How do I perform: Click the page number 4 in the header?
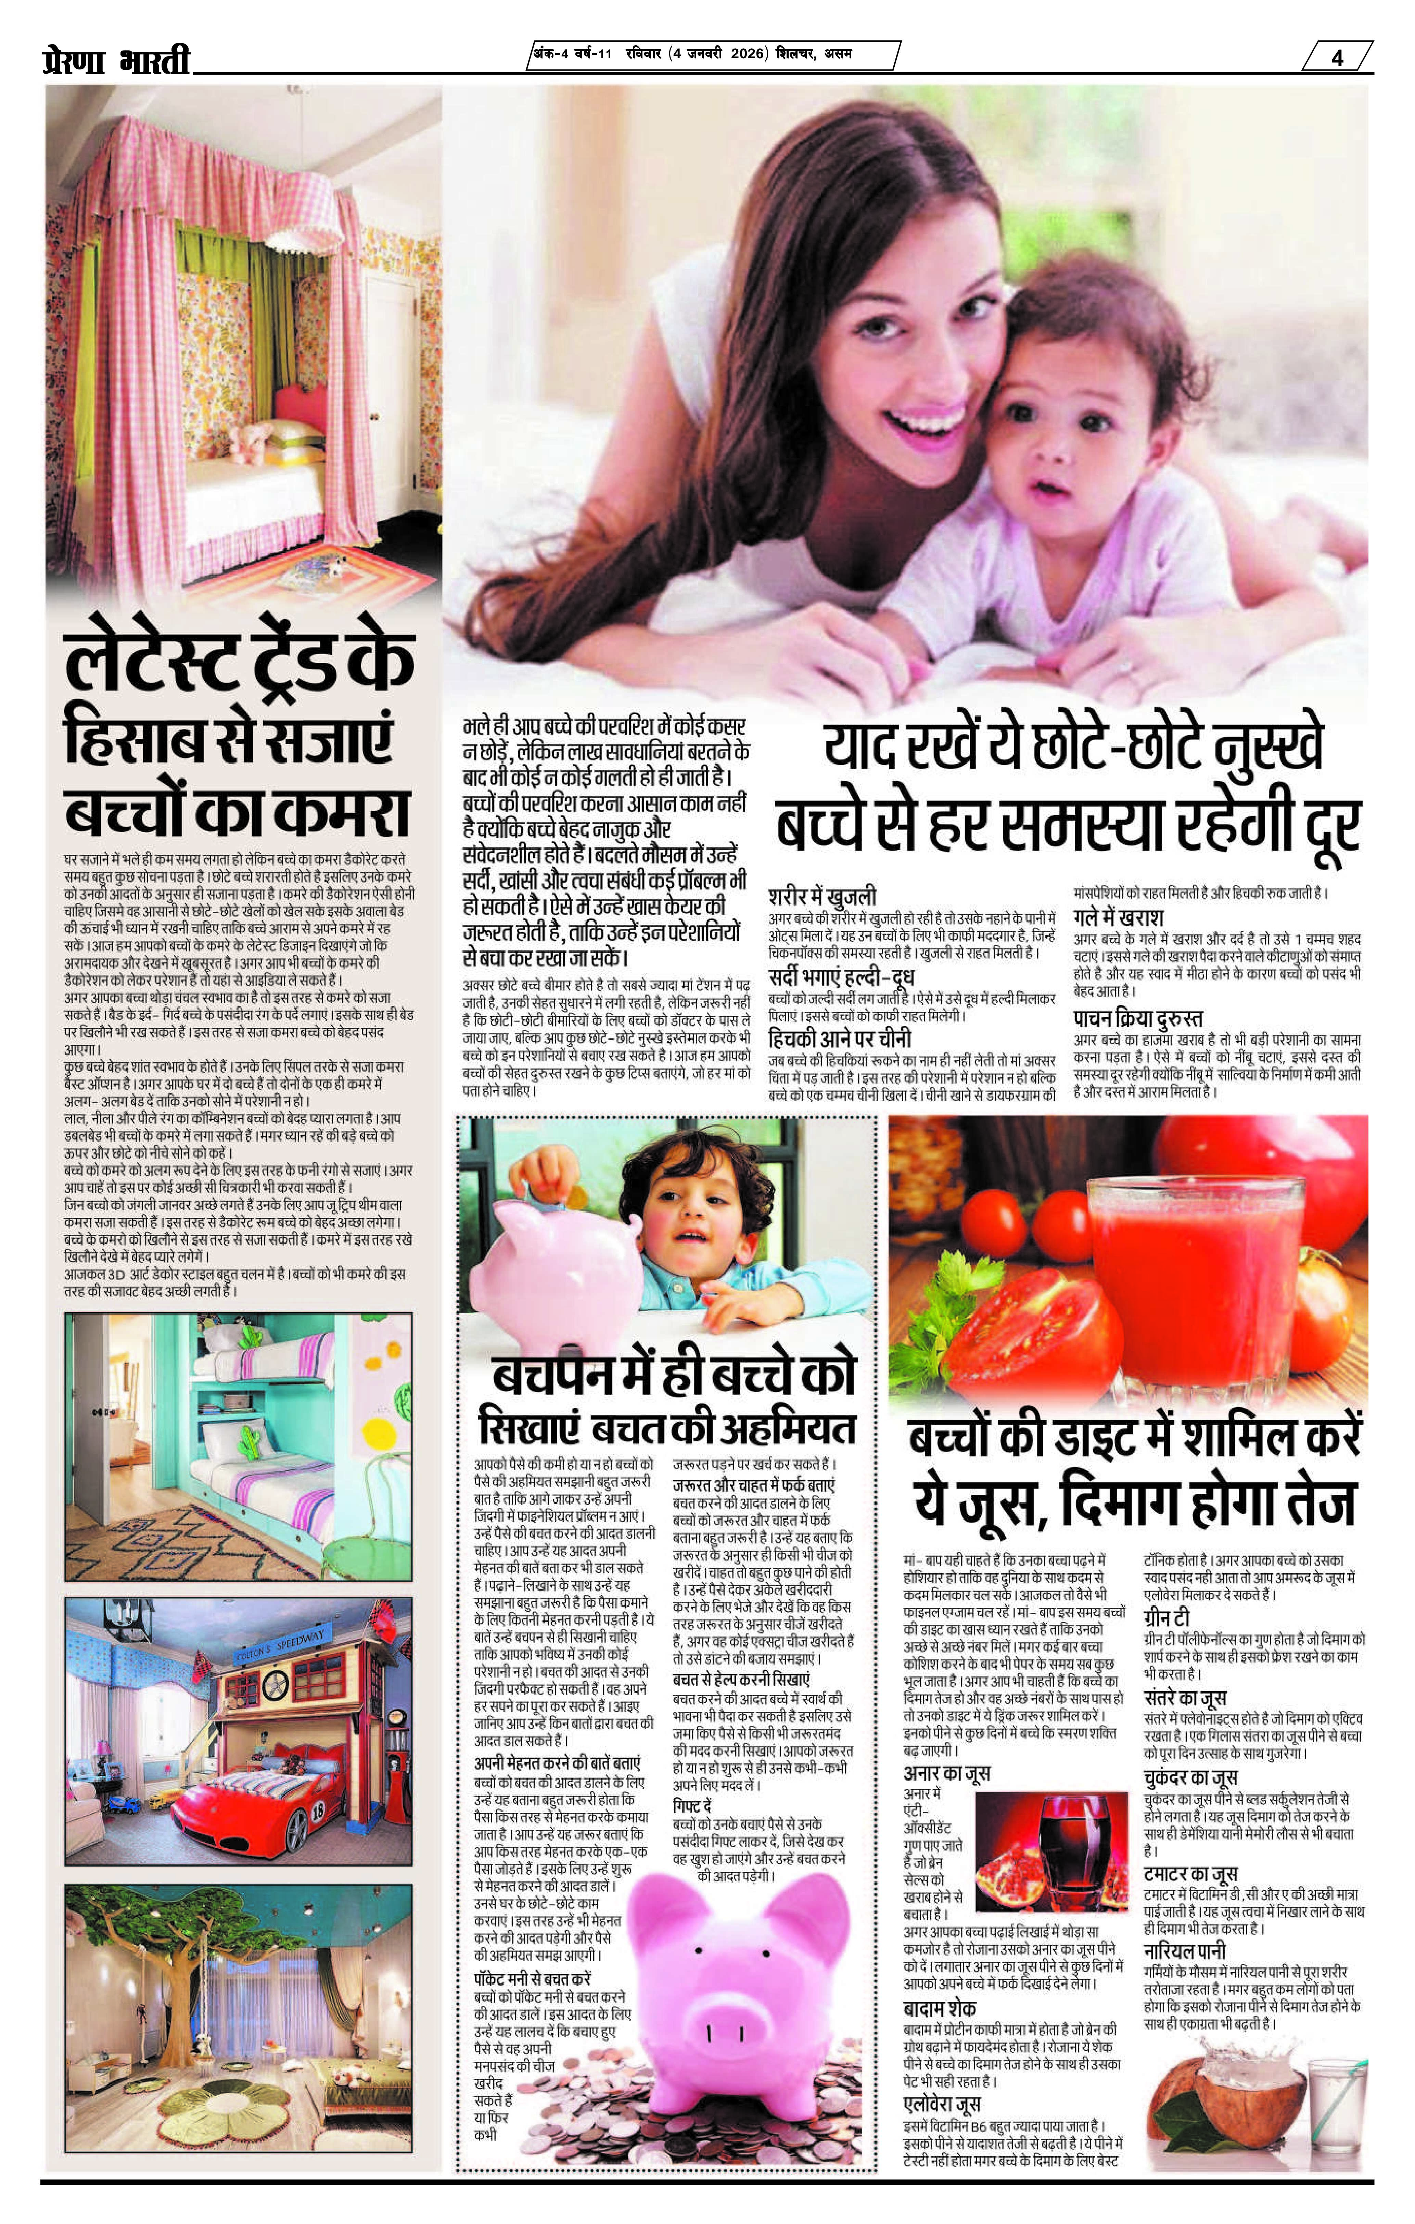coord(1337,57)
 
